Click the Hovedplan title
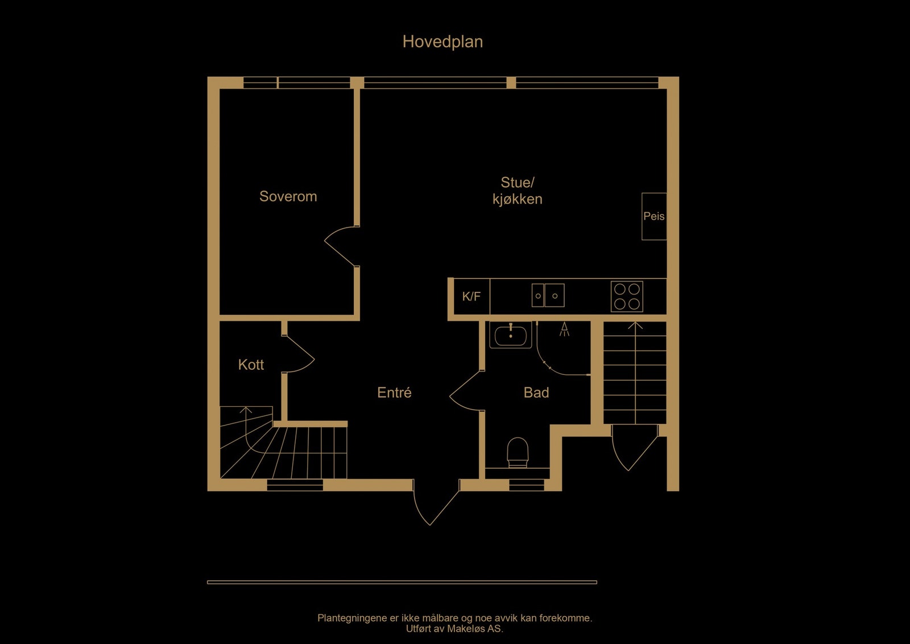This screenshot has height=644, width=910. tap(442, 42)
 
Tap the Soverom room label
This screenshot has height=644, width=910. tap(288, 196)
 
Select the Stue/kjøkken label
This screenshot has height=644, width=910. tap(517, 191)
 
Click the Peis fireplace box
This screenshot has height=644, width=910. tap(654, 216)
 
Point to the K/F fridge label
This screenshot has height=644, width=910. tap(471, 296)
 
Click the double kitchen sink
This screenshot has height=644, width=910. tap(548, 295)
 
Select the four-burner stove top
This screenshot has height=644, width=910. tap(627, 296)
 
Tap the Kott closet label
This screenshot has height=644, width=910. tap(251, 365)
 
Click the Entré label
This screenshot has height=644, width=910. tap(394, 393)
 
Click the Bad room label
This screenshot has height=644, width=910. tap(536, 393)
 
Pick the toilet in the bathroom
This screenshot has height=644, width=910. tap(518, 452)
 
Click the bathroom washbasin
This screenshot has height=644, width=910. tap(511, 335)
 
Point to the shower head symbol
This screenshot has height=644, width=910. tap(564, 329)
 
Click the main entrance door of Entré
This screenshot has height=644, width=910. tap(433, 503)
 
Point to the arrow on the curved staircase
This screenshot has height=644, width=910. tap(246, 410)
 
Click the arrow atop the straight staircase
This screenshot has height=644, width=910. tap(635, 326)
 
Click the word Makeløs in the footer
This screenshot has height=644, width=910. tap(466, 629)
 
